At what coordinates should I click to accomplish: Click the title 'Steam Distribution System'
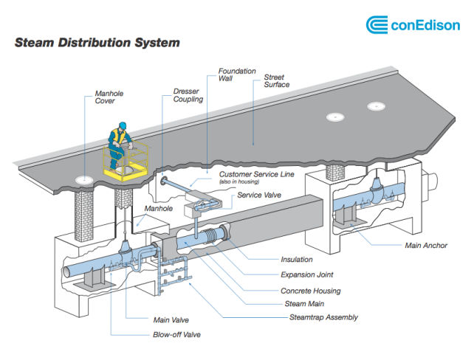click(x=97, y=43)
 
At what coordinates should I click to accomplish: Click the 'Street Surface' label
click(x=275, y=81)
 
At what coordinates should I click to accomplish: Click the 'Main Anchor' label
click(x=425, y=246)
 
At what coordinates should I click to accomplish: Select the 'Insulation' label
click(x=297, y=260)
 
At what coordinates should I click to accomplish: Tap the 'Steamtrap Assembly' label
click(x=323, y=317)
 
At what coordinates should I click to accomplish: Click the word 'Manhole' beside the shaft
click(x=158, y=210)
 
